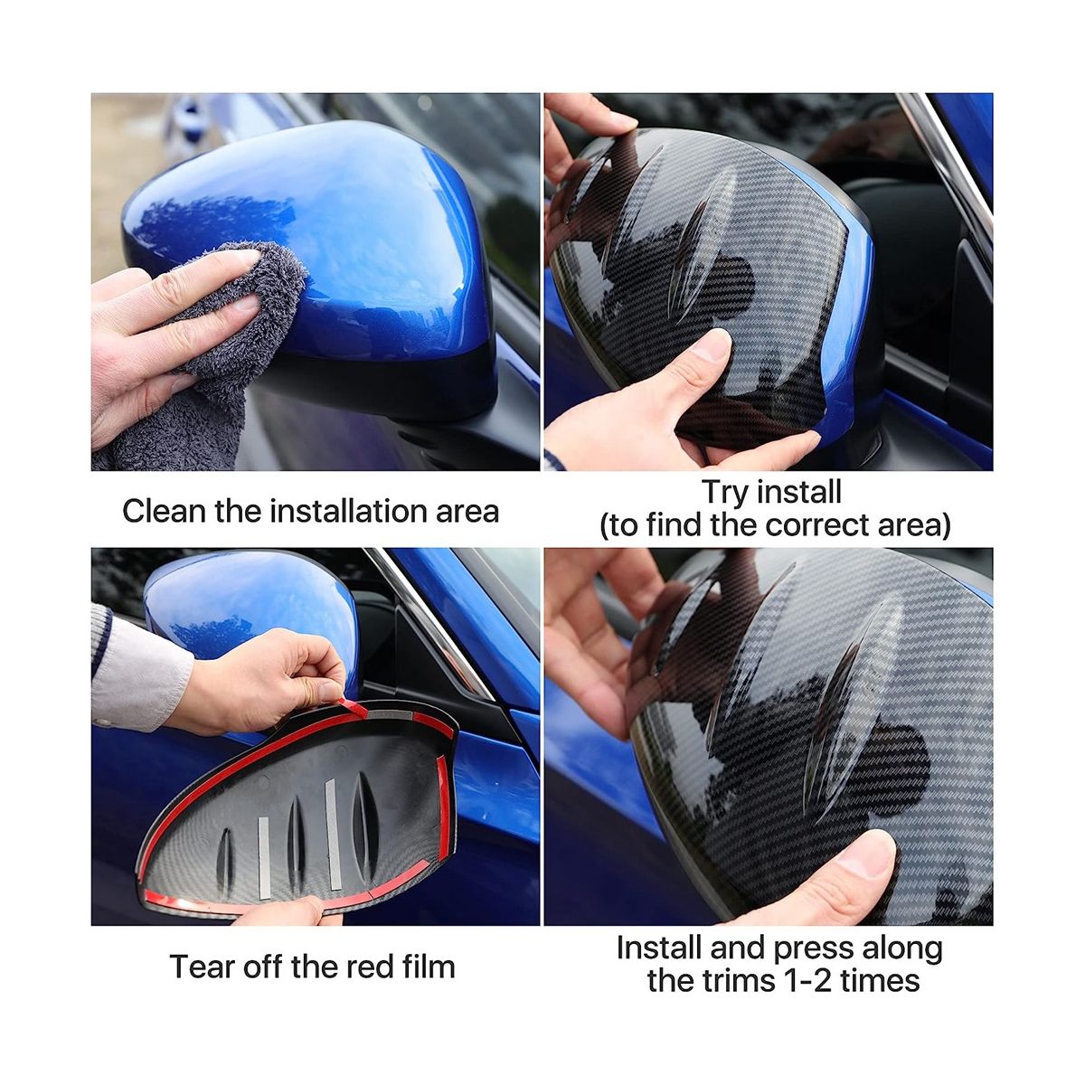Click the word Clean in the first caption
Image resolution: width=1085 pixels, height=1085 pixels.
pyautogui.click(x=164, y=511)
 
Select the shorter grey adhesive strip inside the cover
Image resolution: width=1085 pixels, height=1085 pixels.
pyautogui.click(x=264, y=858)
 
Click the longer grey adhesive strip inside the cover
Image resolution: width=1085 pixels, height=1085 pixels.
pyautogui.click(x=334, y=835)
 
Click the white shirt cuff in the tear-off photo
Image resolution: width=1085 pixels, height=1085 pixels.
pyautogui.click(x=141, y=673)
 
